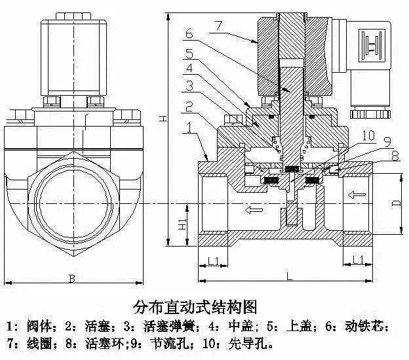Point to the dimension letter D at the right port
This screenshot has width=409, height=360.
click(395, 203)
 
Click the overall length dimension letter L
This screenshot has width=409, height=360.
click(289, 277)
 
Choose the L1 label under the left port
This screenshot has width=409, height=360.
click(213, 260)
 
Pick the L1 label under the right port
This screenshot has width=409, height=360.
click(358, 260)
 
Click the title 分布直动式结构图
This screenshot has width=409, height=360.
click(193, 306)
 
